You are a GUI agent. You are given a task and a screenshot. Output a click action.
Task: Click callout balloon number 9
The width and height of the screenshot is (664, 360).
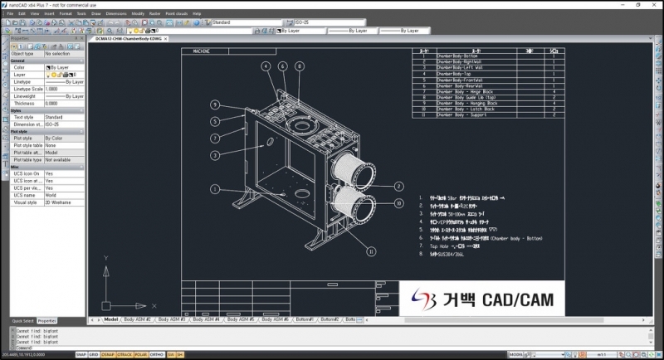tap(214, 105)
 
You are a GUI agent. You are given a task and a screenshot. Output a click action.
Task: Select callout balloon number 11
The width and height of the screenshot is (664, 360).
tap(371, 251)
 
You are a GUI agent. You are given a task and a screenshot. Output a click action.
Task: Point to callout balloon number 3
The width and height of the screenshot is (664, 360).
tap(214, 155)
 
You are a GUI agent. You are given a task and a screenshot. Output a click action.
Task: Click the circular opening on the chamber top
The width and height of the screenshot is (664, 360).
tap(295, 123)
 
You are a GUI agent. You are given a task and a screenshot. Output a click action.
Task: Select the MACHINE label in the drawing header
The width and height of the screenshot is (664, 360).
tap(203, 51)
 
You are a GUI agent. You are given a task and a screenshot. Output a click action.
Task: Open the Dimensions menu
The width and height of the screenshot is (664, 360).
tap(116, 14)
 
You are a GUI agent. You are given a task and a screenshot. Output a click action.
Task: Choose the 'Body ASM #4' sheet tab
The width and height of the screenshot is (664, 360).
tap(203, 319)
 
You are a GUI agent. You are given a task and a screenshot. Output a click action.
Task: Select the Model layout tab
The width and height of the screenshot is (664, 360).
tap(111, 319)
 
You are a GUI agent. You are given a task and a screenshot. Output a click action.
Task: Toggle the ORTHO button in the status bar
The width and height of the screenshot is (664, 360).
tap(158, 354)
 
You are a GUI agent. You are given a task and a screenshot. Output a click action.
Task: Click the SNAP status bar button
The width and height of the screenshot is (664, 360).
tap(81, 354)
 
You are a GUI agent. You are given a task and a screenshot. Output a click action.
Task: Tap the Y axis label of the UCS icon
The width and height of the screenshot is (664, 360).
tap(105, 259)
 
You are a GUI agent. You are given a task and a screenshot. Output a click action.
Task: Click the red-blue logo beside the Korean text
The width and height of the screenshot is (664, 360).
tap(416, 299)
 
